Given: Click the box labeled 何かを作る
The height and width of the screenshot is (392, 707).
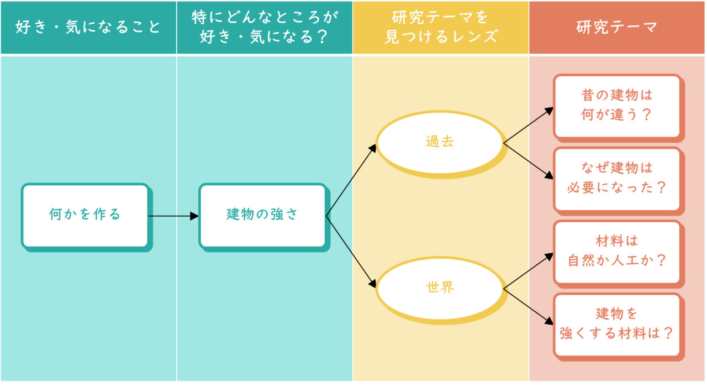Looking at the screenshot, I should [x=85, y=215].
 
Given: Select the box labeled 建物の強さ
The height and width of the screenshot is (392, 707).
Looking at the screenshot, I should [x=262, y=215].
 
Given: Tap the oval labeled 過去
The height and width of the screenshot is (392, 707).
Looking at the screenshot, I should [x=440, y=142].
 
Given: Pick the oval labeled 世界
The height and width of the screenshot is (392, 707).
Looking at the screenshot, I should [x=440, y=288].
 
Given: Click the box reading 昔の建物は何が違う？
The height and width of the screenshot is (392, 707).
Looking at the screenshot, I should [x=616, y=106].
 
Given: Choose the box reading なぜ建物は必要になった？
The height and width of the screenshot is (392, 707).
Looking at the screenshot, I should [x=616, y=178].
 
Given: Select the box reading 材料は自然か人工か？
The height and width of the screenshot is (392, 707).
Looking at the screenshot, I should [x=616, y=251].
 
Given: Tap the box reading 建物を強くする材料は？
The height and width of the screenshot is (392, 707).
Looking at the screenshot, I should [x=616, y=324].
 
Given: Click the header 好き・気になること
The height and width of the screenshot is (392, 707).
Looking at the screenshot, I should [x=88, y=27].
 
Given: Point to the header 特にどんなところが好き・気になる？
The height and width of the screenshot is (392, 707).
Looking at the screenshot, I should [x=265, y=27].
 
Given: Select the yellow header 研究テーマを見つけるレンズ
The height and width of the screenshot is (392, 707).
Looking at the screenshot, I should [x=441, y=27].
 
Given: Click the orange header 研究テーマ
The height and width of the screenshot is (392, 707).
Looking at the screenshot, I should [x=617, y=27].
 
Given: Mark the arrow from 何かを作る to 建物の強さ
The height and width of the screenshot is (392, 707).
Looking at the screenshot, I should [x=173, y=216].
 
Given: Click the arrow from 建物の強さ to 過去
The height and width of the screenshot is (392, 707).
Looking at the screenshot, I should [x=351, y=180].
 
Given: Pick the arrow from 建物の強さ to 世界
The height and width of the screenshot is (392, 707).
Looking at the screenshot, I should [x=351, y=252].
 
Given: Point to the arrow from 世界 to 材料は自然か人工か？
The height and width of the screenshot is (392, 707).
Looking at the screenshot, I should [x=528, y=271].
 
